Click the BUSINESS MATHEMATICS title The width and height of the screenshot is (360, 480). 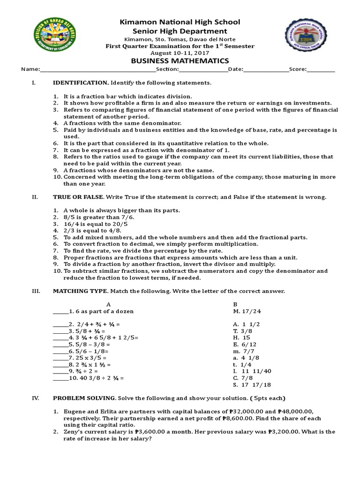click(180, 61)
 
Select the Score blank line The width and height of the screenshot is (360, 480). click(321, 70)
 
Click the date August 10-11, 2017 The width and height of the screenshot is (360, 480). click(180, 53)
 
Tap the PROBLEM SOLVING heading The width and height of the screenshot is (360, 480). click(84, 398)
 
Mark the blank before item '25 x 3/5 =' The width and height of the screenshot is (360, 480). click(60, 358)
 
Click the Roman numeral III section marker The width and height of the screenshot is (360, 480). click(35, 291)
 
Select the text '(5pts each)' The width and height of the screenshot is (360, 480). click(268, 398)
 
